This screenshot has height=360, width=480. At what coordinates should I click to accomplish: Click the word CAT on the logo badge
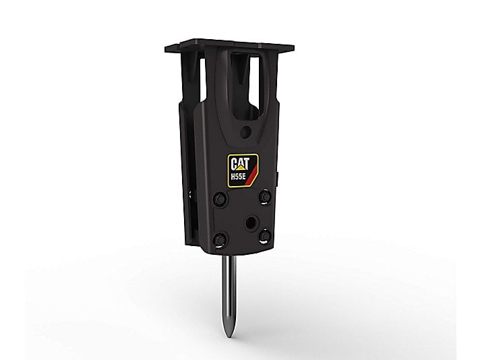click(241, 164)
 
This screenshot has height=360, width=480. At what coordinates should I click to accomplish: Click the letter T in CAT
click(247, 164)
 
